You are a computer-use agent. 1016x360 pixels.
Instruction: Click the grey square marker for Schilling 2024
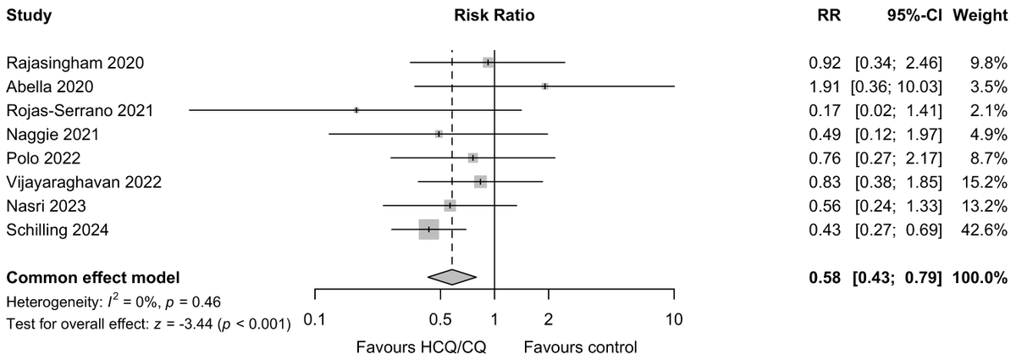click(428, 230)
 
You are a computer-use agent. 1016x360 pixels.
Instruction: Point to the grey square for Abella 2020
click(545, 86)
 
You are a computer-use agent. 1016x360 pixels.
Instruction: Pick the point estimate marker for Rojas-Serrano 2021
click(356, 110)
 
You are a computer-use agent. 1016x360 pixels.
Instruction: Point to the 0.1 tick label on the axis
click(315, 318)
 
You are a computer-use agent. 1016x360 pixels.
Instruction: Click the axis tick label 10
click(674, 318)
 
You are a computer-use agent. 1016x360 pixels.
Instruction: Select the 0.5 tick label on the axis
click(440, 318)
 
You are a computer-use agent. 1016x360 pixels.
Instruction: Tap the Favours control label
click(580, 346)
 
